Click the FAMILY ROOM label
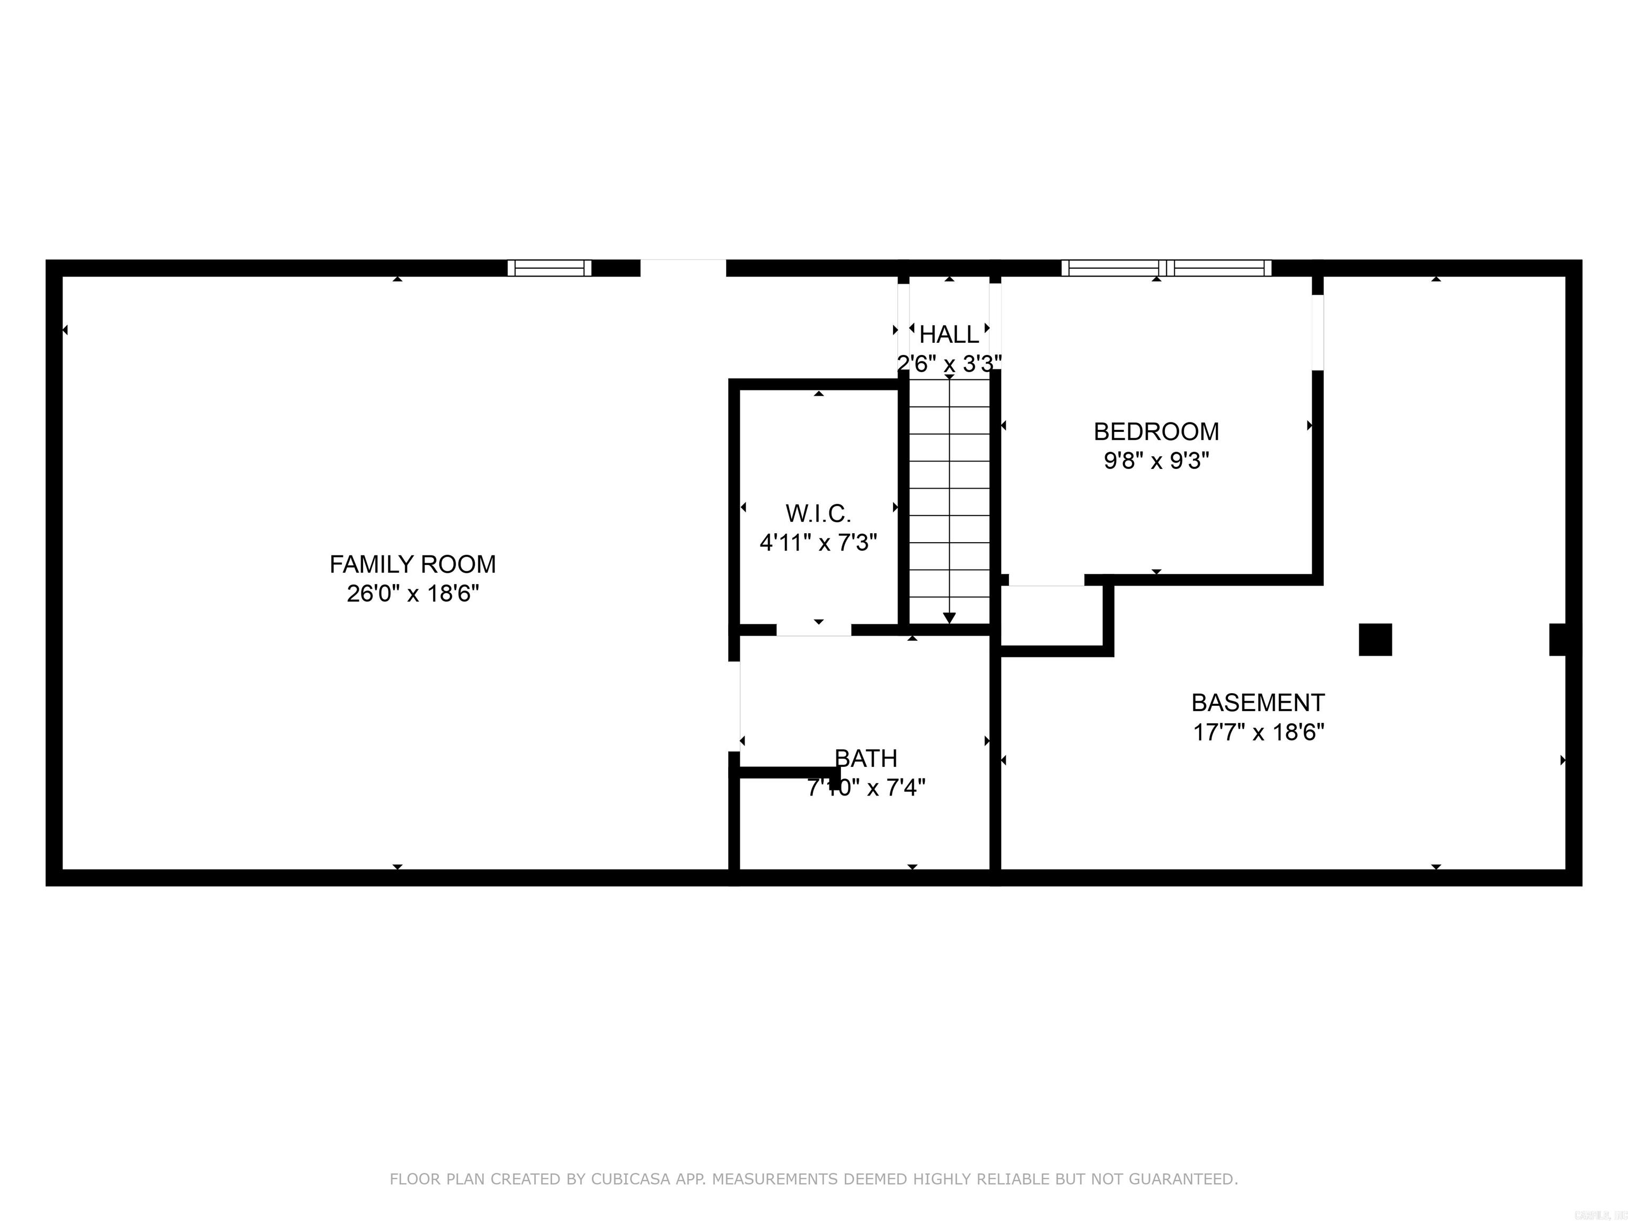pyautogui.click(x=412, y=564)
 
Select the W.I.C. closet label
pyautogui.click(x=818, y=513)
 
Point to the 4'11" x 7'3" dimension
pyautogui.click(x=818, y=543)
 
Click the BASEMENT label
pyautogui.click(x=1258, y=703)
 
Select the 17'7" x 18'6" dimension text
pyautogui.click(x=1258, y=733)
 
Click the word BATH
pyautogui.click(x=865, y=758)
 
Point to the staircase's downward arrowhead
pyautogui.click(x=950, y=617)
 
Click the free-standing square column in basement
pyautogui.click(x=1375, y=640)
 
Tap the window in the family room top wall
pyautogui.click(x=550, y=268)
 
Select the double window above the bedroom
pyautogui.click(x=1166, y=268)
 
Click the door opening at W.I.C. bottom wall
pyautogui.click(x=813, y=630)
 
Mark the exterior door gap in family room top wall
pyautogui.click(x=683, y=268)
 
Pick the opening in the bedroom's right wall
pyautogui.click(x=1317, y=332)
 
